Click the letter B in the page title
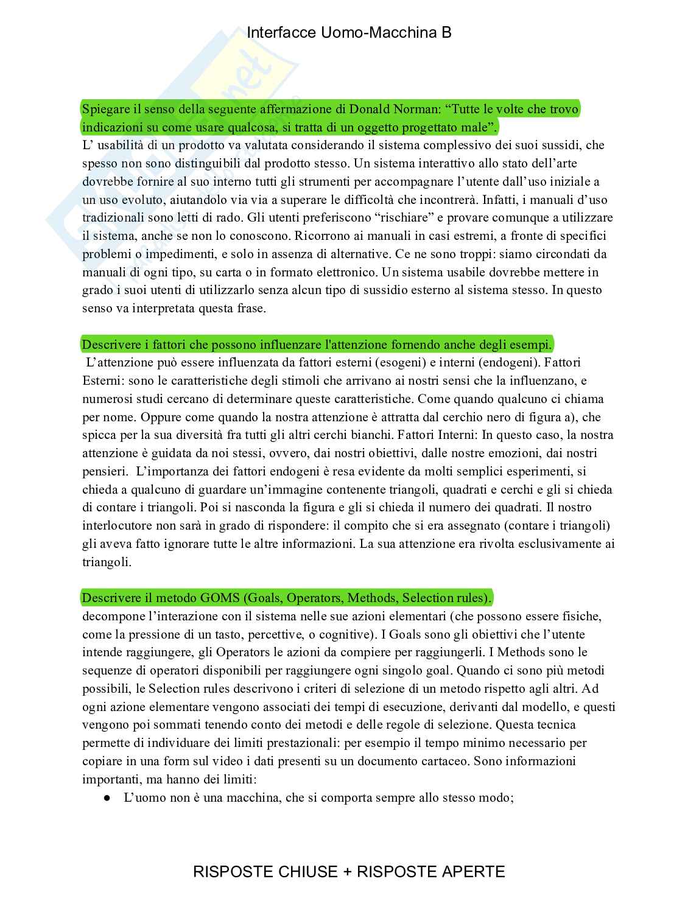coord(446,33)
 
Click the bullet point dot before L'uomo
coord(107,797)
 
